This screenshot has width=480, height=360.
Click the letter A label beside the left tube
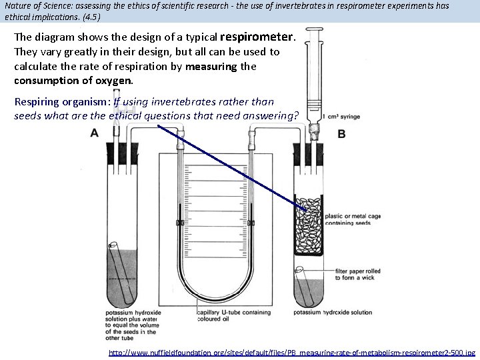pyautogui.click(x=94, y=133)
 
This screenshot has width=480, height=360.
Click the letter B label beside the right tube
pyautogui.click(x=341, y=134)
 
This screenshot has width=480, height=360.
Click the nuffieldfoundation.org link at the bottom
pyautogui.click(x=292, y=351)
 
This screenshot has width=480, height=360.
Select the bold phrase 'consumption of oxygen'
pyautogui.click(x=73, y=81)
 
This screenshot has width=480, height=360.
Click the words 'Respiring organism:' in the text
pyautogui.click(x=62, y=102)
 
